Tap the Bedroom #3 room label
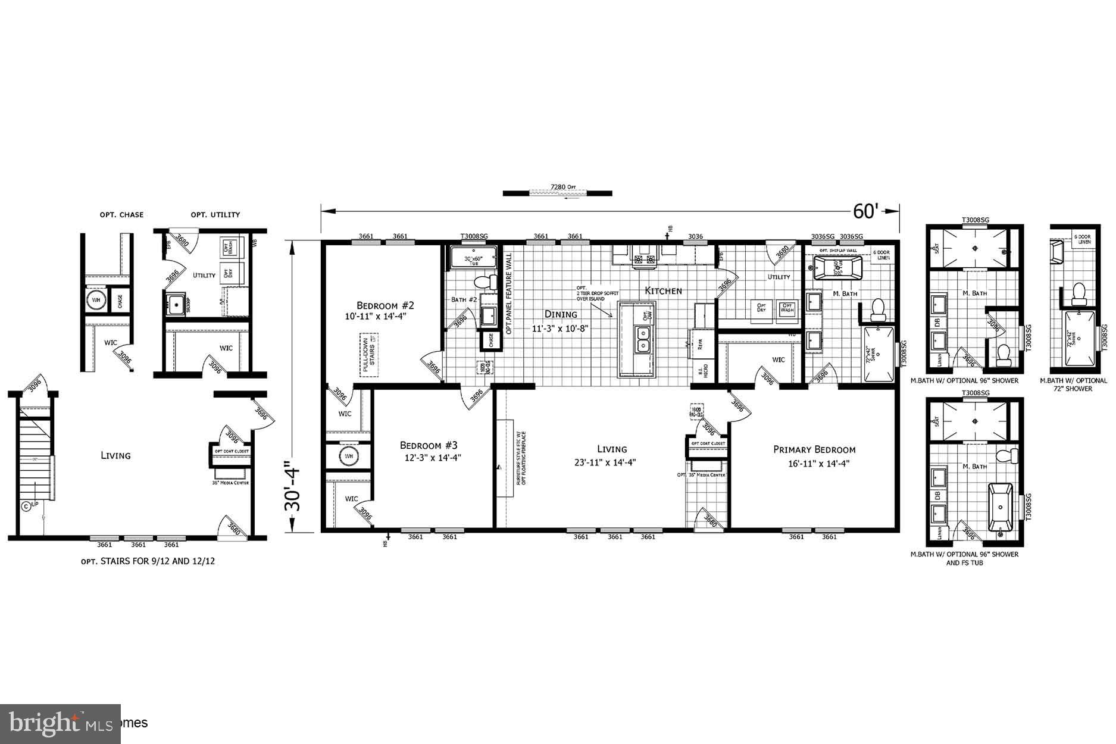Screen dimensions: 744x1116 pyautogui.click(x=429, y=445)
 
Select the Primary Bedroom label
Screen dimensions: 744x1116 pyautogui.click(x=814, y=450)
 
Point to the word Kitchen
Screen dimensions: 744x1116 pyautogui.click(x=664, y=290)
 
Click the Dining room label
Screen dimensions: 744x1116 pyautogui.click(x=561, y=314)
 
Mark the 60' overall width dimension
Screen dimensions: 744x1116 pyautogui.click(x=866, y=211)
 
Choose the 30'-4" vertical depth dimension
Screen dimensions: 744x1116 pyautogui.click(x=293, y=488)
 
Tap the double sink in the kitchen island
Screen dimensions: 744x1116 pyautogui.click(x=643, y=340)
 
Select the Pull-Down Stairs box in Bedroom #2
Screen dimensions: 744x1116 pyautogui.click(x=369, y=355)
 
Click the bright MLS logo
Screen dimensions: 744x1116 pyautogui.click(x=60, y=724)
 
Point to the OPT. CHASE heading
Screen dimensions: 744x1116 pyautogui.click(x=121, y=215)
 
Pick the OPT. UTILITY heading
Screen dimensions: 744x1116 pyautogui.click(x=215, y=215)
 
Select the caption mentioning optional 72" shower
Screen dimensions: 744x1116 pyautogui.click(x=1073, y=384)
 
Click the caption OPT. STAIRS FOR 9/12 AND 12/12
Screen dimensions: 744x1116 pyautogui.click(x=148, y=561)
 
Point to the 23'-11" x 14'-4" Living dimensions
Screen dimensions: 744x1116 pyautogui.click(x=612, y=462)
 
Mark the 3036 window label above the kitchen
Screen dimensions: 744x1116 pyautogui.click(x=695, y=236)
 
